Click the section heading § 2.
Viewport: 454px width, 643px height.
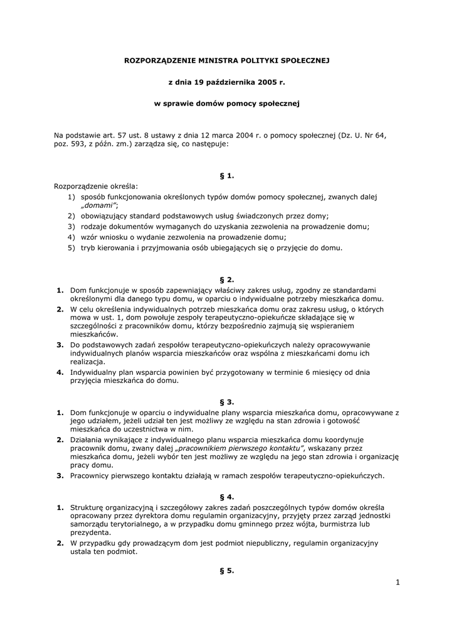(x=227, y=279)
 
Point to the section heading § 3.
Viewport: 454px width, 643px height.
(x=227, y=401)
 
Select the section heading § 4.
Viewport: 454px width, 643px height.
(x=227, y=496)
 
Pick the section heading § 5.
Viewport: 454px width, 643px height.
(x=227, y=570)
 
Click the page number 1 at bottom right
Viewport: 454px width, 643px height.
(x=398, y=583)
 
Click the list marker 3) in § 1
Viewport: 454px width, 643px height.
(x=72, y=226)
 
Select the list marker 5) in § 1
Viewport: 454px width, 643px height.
(x=72, y=247)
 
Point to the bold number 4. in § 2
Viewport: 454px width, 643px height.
(x=60, y=372)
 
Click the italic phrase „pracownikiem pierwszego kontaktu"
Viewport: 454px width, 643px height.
(x=240, y=448)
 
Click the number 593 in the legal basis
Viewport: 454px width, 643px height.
(x=80, y=144)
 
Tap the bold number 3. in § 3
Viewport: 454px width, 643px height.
(x=60, y=475)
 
